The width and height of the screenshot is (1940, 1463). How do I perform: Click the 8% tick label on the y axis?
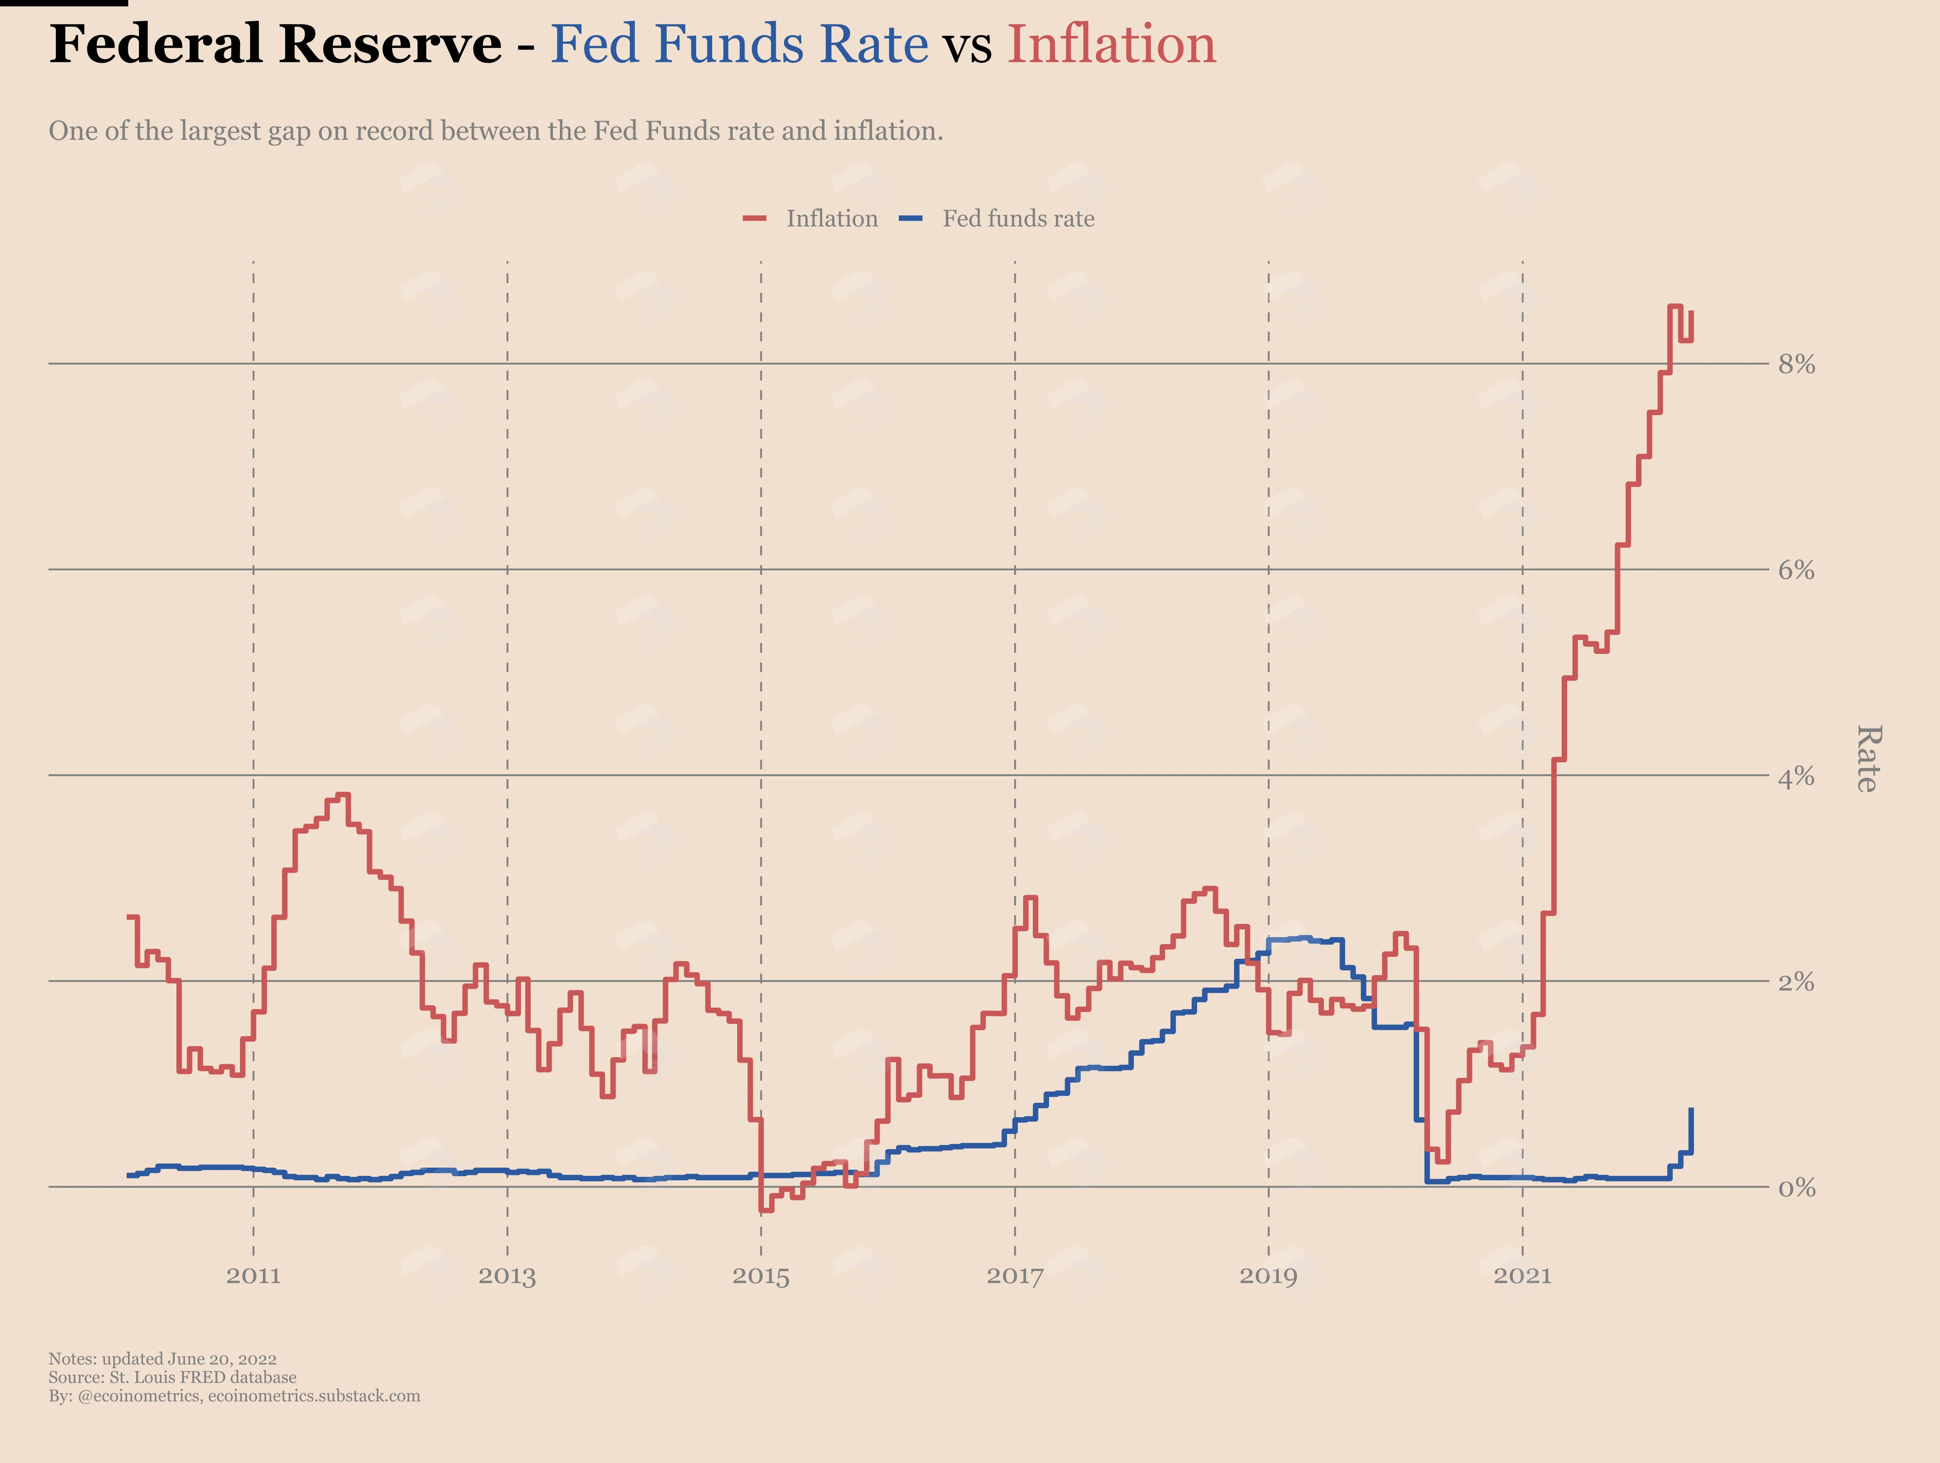point(1796,364)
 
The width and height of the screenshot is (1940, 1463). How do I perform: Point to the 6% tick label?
point(1796,570)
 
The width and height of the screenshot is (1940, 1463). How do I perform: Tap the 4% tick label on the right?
point(1796,776)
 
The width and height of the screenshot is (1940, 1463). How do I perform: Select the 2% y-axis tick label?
point(1796,981)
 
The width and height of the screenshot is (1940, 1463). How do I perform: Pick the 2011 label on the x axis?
point(254,1275)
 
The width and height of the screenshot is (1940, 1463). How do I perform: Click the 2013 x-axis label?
point(507,1275)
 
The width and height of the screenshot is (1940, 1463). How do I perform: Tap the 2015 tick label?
point(761,1275)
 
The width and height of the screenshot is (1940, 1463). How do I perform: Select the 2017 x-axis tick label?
point(1015,1275)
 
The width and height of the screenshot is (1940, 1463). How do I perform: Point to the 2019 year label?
point(1268,1275)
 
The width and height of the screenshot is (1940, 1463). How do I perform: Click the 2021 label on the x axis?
point(1522,1275)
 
